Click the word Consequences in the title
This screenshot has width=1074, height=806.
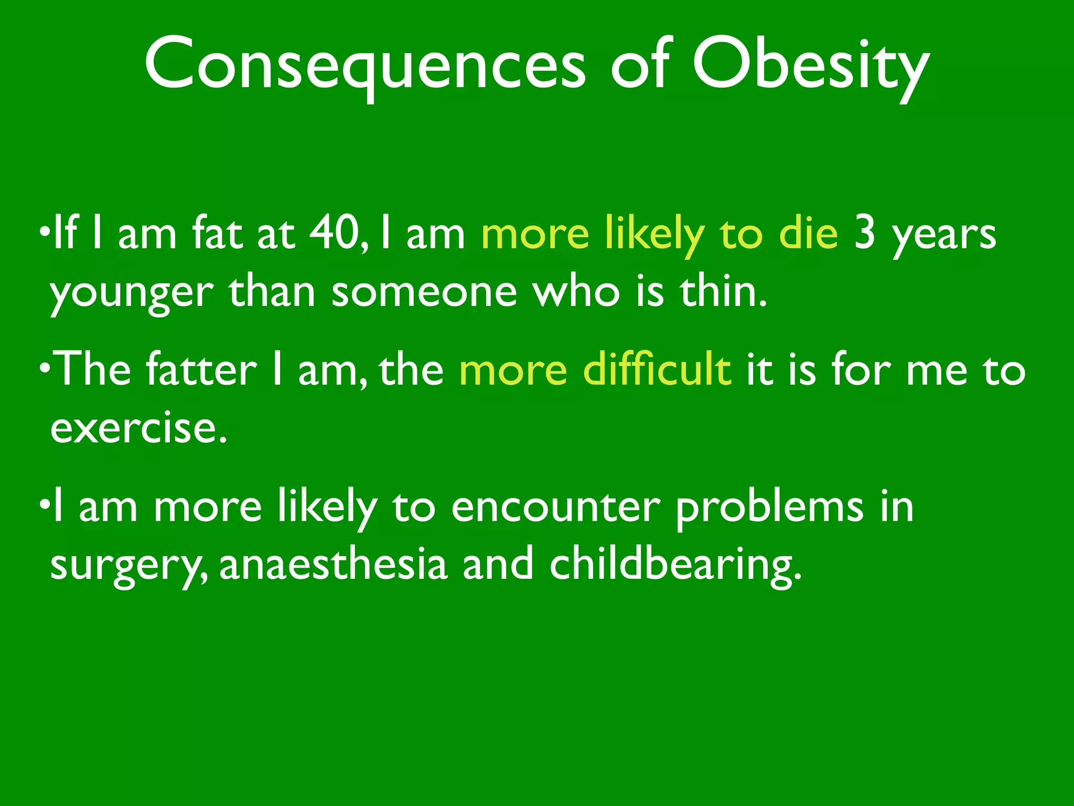tap(364, 66)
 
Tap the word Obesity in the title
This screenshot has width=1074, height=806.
tap(810, 66)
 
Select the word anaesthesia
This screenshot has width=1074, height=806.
tap(333, 565)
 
